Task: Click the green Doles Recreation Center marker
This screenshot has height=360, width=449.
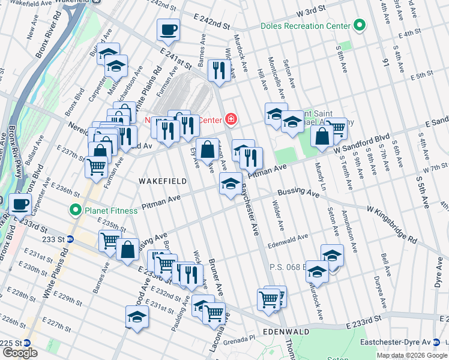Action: (360, 26)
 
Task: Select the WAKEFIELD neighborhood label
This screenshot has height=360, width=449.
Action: (160, 180)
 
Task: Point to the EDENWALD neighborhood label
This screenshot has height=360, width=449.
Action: (286, 332)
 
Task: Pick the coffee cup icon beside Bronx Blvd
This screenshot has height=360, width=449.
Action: (21, 204)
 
